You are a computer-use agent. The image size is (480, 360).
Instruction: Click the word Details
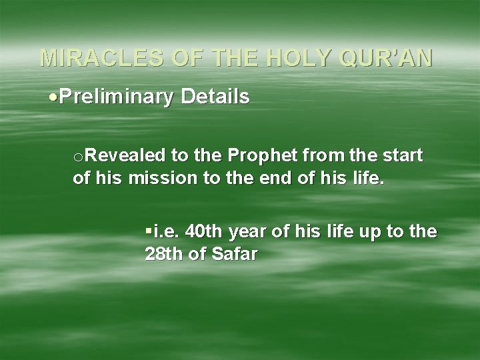(x=215, y=97)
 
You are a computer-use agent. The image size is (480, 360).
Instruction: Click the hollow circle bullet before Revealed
(x=78, y=157)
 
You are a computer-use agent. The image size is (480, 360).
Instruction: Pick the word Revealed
(x=125, y=156)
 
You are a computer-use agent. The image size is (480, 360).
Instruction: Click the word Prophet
(x=259, y=156)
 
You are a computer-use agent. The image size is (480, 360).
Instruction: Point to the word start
(x=402, y=156)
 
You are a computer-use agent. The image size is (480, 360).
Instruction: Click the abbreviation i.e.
(x=167, y=232)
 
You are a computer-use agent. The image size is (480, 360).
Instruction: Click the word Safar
(x=233, y=255)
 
